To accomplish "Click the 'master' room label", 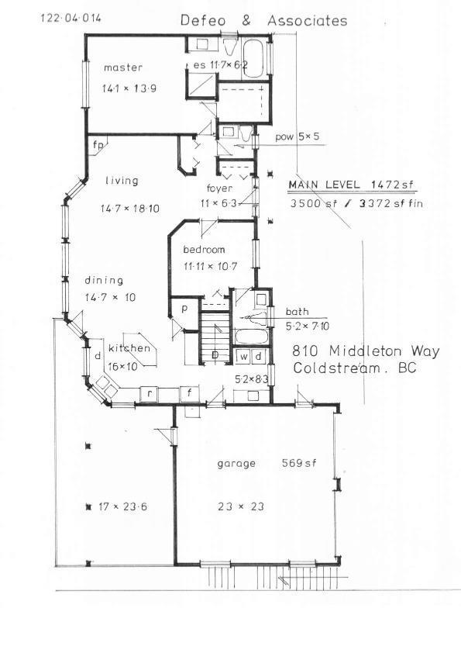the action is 122,67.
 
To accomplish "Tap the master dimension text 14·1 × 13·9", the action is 129,88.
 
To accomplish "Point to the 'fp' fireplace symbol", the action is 98,145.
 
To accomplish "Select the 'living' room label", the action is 122,181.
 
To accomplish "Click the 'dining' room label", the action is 104,280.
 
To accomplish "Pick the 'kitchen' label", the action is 129,348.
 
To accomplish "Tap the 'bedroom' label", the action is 204,250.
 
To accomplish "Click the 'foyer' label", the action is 220,188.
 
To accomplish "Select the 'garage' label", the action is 236,464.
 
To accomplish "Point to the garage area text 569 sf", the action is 299,463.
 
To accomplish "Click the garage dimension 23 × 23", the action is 241,507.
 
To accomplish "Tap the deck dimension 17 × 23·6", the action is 122,507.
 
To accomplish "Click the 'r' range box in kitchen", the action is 149,394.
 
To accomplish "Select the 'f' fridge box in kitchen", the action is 189,393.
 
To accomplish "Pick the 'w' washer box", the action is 244,357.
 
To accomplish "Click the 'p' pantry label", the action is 184,309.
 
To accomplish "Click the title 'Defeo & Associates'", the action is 263,21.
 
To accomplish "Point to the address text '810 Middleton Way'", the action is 366,351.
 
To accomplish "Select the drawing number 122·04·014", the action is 71,19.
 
